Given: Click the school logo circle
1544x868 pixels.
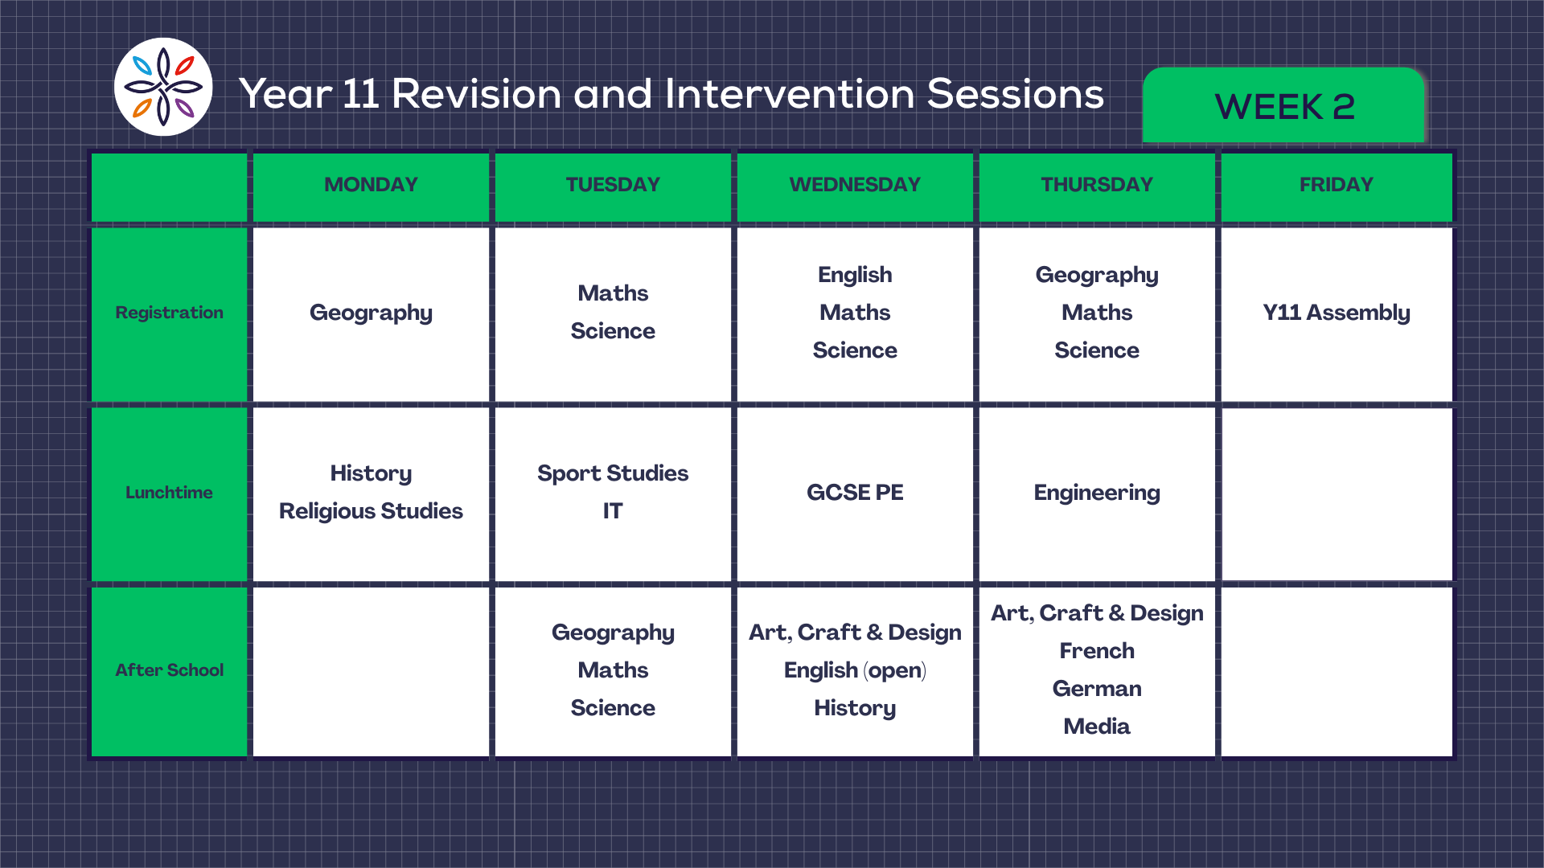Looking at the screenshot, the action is point(163,87).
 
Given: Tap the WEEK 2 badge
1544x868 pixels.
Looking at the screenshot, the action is point(1283,106).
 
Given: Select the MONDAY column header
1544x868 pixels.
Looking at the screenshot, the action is point(371,185).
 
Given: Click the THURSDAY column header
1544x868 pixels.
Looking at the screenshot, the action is point(1097,185).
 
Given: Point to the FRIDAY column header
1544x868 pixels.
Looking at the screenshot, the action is point(1337,185).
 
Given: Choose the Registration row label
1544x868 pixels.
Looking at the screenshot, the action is point(169,313).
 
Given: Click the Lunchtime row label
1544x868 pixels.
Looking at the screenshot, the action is point(169,493).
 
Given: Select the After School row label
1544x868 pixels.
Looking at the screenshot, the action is point(169,670).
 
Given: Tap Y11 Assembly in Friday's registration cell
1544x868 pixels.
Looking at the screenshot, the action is point(1337,313).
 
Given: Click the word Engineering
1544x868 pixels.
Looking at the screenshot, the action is point(1097,493).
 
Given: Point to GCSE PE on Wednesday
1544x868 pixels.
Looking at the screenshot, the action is point(855,493).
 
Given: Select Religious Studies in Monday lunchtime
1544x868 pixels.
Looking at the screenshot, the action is point(371,512).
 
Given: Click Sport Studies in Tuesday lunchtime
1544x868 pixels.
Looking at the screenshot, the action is point(613,474).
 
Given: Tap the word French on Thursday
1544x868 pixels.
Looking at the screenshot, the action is point(1097,651).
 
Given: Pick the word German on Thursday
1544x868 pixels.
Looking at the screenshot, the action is point(1097,689).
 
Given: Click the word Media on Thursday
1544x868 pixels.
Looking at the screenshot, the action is point(1097,727).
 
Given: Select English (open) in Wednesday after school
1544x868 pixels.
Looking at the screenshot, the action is point(855,671).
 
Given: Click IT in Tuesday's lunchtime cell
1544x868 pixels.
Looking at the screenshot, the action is point(613,511).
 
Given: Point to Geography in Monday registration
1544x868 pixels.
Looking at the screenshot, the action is point(371,313).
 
